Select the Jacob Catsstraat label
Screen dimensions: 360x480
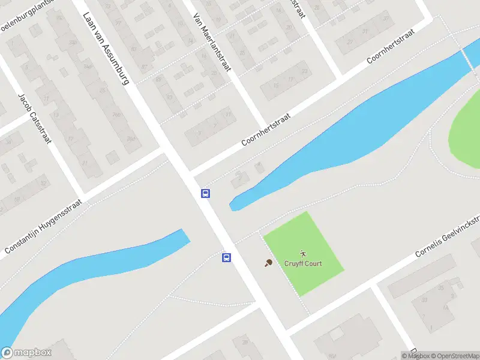(35, 118)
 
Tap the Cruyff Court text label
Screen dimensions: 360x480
(304, 263)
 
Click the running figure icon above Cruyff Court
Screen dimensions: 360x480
(304, 253)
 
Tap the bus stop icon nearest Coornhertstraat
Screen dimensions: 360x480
(205, 193)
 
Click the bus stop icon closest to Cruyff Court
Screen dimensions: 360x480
(226, 257)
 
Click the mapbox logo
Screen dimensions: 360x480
(26, 353)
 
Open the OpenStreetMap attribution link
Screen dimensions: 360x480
(453, 356)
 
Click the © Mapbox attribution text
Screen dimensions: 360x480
(414, 356)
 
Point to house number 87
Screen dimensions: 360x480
(144, 67)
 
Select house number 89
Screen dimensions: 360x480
(158, 79)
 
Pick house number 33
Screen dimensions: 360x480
(425, 299)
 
